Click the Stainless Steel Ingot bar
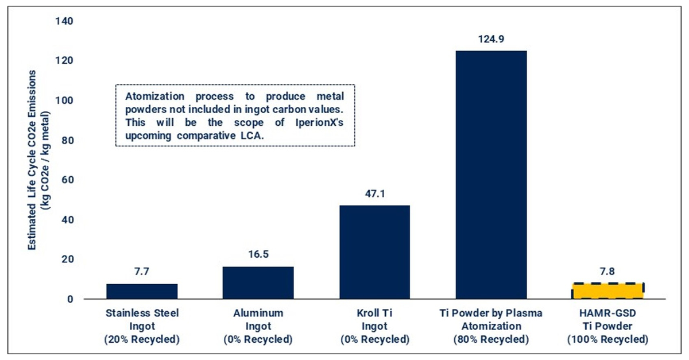(x=142, y=291)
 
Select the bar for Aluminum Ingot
(x=258, y=282)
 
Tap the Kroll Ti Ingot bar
(x=374, y=252)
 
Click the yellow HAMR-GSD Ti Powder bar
(x=607, y=291)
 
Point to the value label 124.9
(x=491, y=39)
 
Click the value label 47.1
(x=374, y=193)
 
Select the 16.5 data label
(x=258, y=254)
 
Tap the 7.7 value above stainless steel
(x=142, y=272)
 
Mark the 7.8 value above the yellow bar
(x=607, y=272)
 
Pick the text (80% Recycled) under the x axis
(x=491, y=339)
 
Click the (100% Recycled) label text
(x=607, y=339)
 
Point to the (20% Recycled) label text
(x=142, y=339)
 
